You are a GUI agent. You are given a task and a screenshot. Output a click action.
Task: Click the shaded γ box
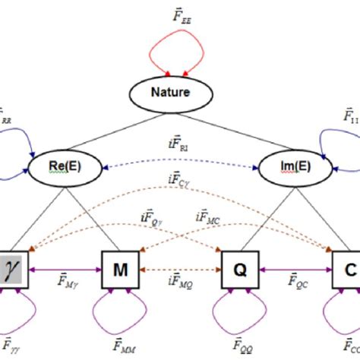point(14,268)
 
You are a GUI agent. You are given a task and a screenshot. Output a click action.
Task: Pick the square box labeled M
point(121,268)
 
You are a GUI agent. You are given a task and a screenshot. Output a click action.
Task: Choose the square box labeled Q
point(238,268)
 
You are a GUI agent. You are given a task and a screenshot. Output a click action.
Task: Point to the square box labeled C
point(346,268)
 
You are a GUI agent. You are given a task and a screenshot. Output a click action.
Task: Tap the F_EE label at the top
point(181,14)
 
